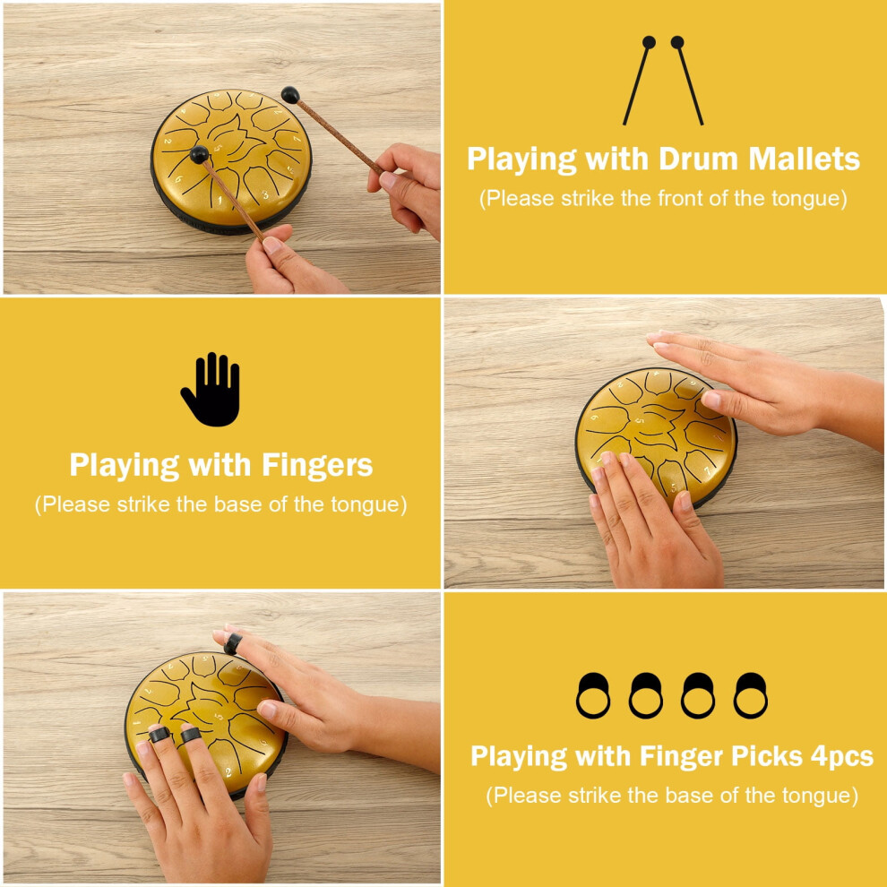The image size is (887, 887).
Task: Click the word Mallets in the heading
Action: click(x=804, y=159)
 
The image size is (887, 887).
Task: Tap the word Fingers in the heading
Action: click(x=317, y=466)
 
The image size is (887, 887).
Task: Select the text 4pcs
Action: click(x=841, y=756)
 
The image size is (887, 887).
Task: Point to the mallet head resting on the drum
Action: click(x=199, y=154)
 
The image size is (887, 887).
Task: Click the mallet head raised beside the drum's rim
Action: click(x=290, y=94)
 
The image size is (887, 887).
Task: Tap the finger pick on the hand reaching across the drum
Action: click(x=232, y=644)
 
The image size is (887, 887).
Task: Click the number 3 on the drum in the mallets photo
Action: click(x=264, y=195)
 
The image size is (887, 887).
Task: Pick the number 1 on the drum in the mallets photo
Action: click(x=220, y=200)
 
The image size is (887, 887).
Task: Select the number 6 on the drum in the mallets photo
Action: click(x=178, y=180)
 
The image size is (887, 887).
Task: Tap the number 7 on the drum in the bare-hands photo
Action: click(x=707, y=470)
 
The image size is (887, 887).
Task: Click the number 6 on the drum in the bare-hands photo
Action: click(x=594, y=418)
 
